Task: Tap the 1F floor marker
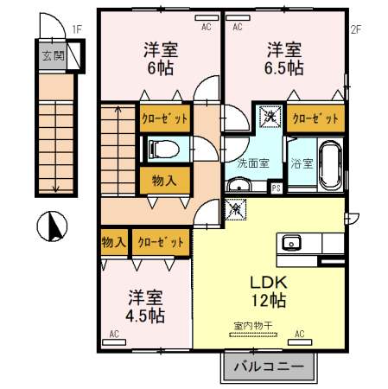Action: click(76, 29)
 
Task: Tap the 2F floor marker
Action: click(354, 29)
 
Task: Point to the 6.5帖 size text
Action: click(284, 67)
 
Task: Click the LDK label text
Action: click(267, 283)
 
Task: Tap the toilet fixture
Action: click(163, 149)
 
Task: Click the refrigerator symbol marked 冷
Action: click(234, 207)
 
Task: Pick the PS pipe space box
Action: click(276, 187)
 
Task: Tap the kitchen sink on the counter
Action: click(289, 241)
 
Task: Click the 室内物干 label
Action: click(252, 326)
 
